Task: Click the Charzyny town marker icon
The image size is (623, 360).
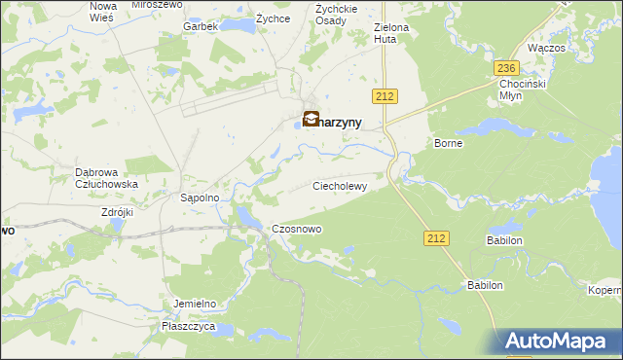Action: click(x=311, y=121)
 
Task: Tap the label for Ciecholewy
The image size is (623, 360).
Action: click(x=339, y=185)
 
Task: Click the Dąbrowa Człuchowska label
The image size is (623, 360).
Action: click(x=106, y=178)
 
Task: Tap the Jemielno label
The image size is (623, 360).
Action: click(x=194, y=304)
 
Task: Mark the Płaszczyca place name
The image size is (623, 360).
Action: click(x=189, y=327)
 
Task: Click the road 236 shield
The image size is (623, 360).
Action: click(x=504, y=68)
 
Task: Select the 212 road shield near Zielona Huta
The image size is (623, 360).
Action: click(x=383, y=94)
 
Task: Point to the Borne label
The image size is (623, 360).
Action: click(x=449, y=143)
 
